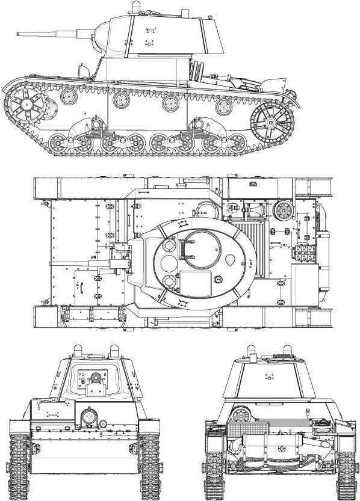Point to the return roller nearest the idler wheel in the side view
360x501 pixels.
pyautogui.click(x=223, y=107)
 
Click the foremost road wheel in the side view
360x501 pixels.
pyautogui.click(x=58, y=144)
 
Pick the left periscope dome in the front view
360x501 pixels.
pyautogui.click(x=77, y=350)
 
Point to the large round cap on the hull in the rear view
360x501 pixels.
pyautogui.click(x=241, y=414)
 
